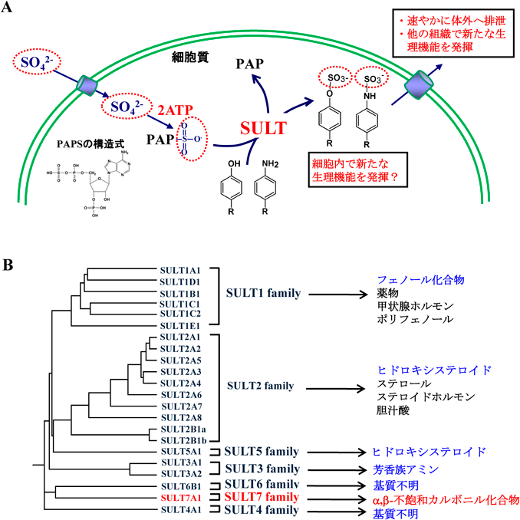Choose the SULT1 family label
pos(262,293)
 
